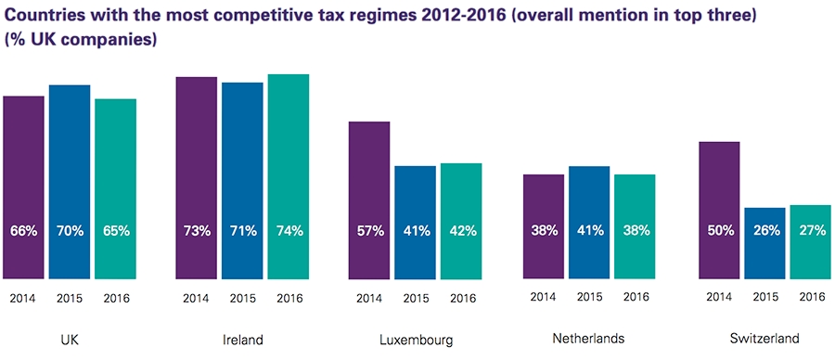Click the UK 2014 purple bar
coord(23,186)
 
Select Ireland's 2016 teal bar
coord(288,176)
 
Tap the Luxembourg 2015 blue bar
coord(415,222)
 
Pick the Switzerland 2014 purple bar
coord(719,209)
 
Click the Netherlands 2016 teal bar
coord(635,225)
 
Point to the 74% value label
coord(289,231)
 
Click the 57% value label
coord(369,231)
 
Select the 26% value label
coord(765,231)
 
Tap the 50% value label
coord(719,231)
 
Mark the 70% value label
coord(70,231)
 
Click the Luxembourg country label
coord(416,340)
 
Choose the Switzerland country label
coord(765,340)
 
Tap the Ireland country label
coord(242,340)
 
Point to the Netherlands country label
coord(589,340)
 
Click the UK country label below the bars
coord(70,340)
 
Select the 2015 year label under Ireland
coord(242,298)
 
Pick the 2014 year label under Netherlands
coord(544,298)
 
